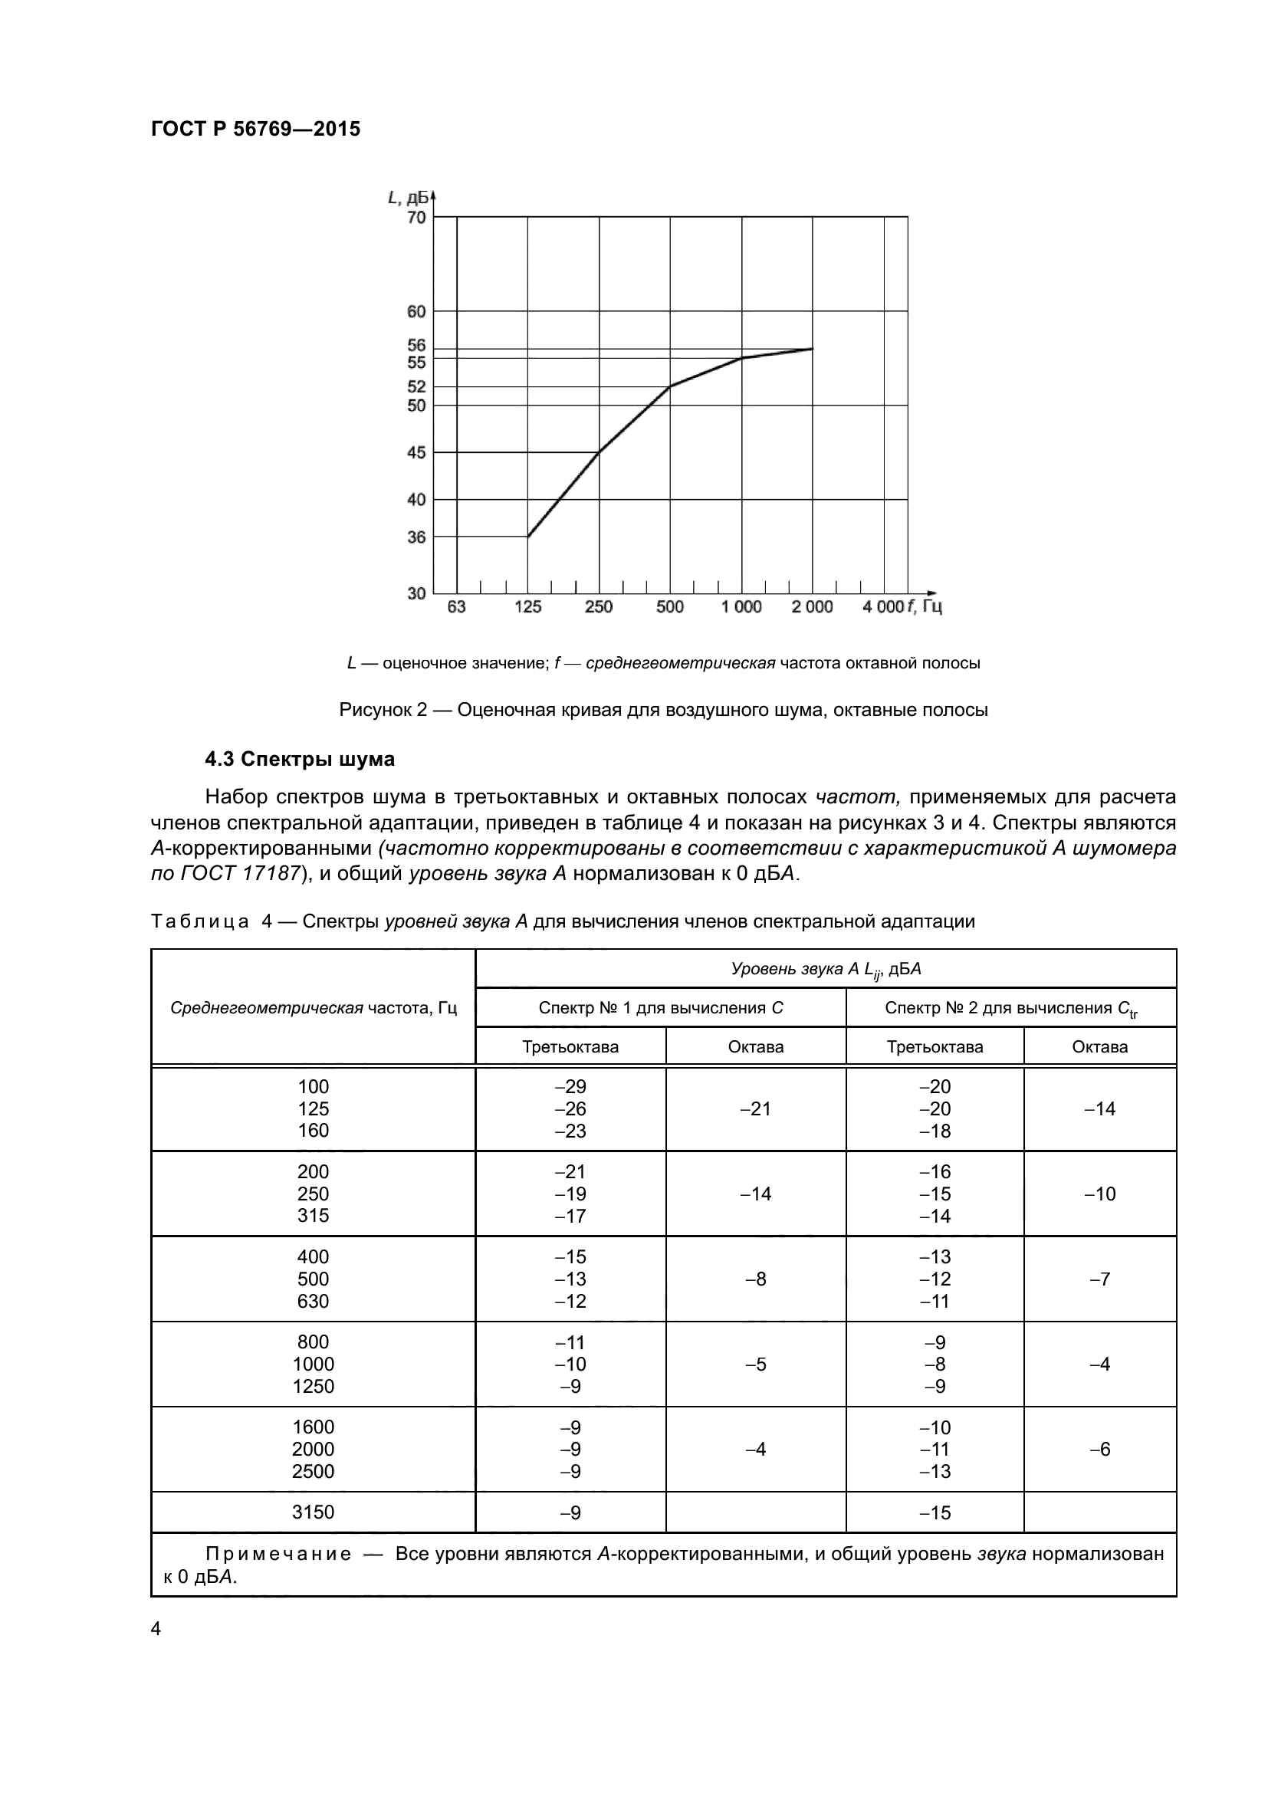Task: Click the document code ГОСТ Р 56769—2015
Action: (255, 129)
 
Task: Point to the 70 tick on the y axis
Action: (417, 217)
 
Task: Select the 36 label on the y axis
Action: (417, 537)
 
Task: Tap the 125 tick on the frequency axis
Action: (527, 607)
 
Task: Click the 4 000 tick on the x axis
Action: (883, 607)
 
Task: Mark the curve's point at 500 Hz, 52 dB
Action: (670, 386)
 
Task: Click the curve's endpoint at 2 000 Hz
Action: (813, 348)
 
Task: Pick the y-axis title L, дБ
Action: (408, 198)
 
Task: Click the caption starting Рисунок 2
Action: (663, 710)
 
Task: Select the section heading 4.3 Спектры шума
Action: (299, 759)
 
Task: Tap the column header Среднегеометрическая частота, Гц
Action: (313, 1007)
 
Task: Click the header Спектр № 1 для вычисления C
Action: (661, 1007)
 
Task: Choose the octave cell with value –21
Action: (755, 1109)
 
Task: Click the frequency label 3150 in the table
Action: (313, 1512)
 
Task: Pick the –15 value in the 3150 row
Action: (934, 1513)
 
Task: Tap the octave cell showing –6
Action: (1099, 1450)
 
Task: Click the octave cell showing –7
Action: (1099, 1279)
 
